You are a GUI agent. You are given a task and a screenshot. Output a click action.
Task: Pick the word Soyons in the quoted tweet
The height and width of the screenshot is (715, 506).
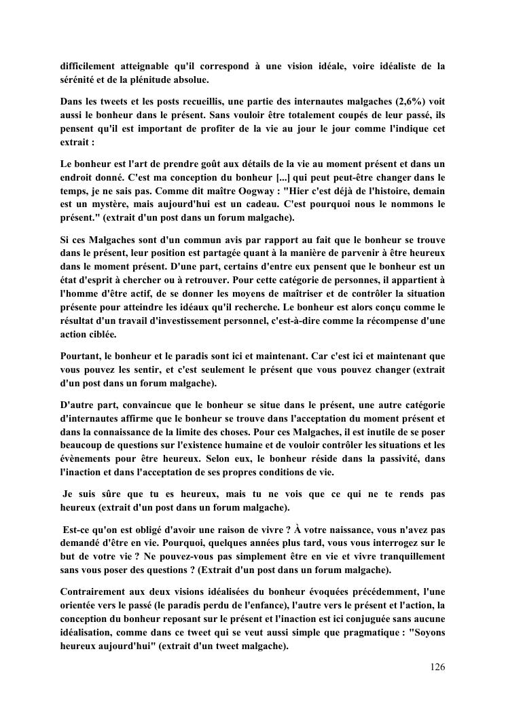pyautogui.click(x=427, y=633)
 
